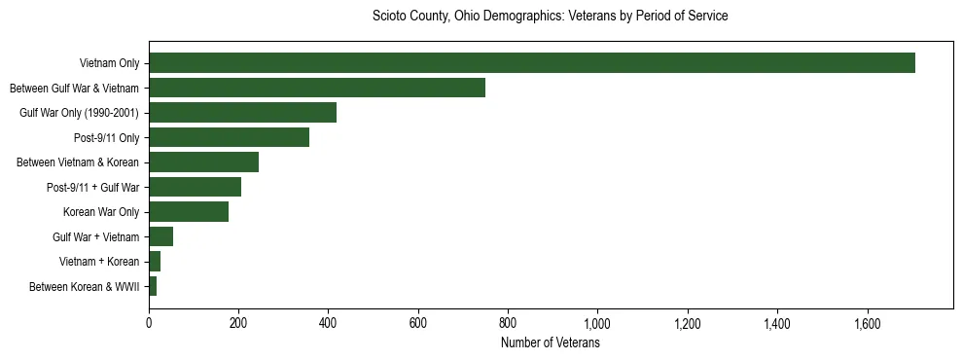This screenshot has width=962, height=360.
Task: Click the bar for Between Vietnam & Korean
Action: (x=203, y=162)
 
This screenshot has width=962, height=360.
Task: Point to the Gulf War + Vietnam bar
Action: (x=160, y=236)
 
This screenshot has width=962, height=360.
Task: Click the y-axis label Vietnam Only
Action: (x=109, y=63)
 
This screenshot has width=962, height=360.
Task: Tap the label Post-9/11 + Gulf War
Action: (x=92, y=187)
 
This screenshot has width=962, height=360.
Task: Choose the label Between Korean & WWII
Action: (x=85, y=287)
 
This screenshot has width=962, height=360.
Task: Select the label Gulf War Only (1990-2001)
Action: (x=80, y=113)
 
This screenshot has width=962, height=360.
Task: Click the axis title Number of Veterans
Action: (x=550, y=342)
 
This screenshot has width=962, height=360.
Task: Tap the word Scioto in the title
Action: (x=391, y=17)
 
